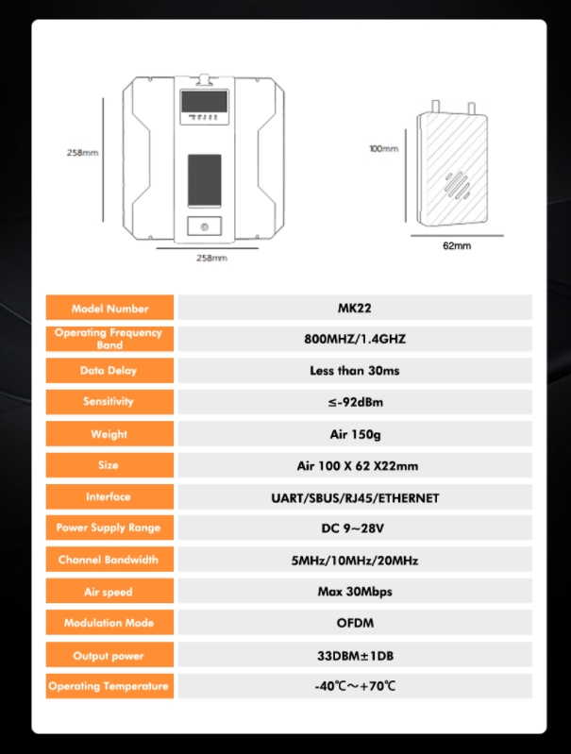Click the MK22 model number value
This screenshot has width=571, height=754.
coord(355,308)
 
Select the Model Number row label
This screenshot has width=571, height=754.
coord(109,309)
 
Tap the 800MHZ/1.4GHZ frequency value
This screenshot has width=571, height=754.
coord(355,339)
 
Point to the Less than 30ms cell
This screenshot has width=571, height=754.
coord(355,370)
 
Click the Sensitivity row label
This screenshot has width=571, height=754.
coord(109,401)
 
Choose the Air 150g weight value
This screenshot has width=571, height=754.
coord(355,434)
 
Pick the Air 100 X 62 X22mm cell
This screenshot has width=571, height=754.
coord(358,465)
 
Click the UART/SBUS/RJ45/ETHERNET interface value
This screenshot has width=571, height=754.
coord(355,497)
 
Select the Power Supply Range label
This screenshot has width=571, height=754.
coord(109,528)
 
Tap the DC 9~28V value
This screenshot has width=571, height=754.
coord(353,528)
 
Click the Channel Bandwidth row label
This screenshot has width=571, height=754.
coord(109,560)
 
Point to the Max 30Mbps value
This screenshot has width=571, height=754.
coord(355,592)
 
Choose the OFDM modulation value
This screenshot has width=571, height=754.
coord(355,623)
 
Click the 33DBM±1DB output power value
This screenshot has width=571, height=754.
coord(355,656)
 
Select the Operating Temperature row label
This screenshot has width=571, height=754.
coord(109,686)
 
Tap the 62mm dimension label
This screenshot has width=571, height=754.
coord(457,245)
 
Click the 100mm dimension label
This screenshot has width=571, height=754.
coord(384,148)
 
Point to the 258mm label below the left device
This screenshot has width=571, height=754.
coord(211,258)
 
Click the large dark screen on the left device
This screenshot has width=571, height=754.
coord(205,181)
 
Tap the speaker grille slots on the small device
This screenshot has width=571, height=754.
coord(457,185)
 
